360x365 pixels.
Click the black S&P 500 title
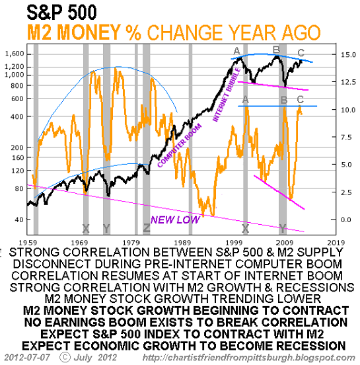pos(61,12)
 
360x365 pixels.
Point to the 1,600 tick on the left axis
pos(15,54)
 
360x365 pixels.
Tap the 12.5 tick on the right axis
pos(348,82)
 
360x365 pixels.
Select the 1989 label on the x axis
pos(182,243)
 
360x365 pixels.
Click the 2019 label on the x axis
pos(336,243)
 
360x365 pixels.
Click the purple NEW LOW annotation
pos(175,220)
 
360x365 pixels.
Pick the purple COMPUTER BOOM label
pos(179,146)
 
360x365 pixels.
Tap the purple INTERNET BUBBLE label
pos(227,95)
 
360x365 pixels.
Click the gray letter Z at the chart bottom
pos(147,228)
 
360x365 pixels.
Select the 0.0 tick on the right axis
pos(346,220)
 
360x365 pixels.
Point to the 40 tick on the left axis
pos(19,220)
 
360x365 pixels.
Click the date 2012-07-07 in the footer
pos(27,357)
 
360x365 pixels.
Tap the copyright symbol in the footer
pos(65,357)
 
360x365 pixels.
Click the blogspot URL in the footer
pos(249,358)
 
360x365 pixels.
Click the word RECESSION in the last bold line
pos(311,346)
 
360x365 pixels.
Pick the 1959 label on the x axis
pos(28,243)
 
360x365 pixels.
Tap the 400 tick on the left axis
pos(17,116)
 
